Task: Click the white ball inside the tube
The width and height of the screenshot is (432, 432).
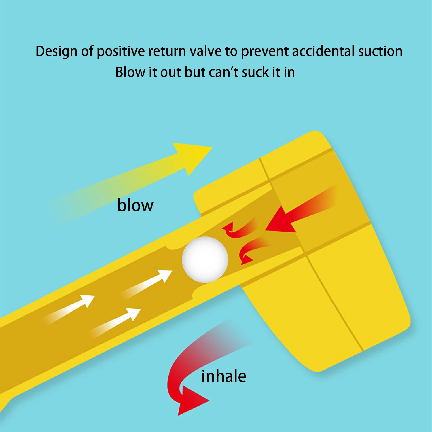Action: pyautogui.click(x=205, y=259)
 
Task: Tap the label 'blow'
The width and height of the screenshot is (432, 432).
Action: pyautogui.click(x=135, y=206)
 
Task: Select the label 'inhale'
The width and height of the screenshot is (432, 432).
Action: pyautogui.click(x=224, y=376)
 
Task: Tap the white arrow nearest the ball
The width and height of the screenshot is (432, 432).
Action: pyautogui.click(x=150, y=282)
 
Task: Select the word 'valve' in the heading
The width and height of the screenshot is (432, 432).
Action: pyautogui.click(x=206, y=51)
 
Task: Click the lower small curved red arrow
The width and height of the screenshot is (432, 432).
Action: pyautogui.click(x=252, y=249)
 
